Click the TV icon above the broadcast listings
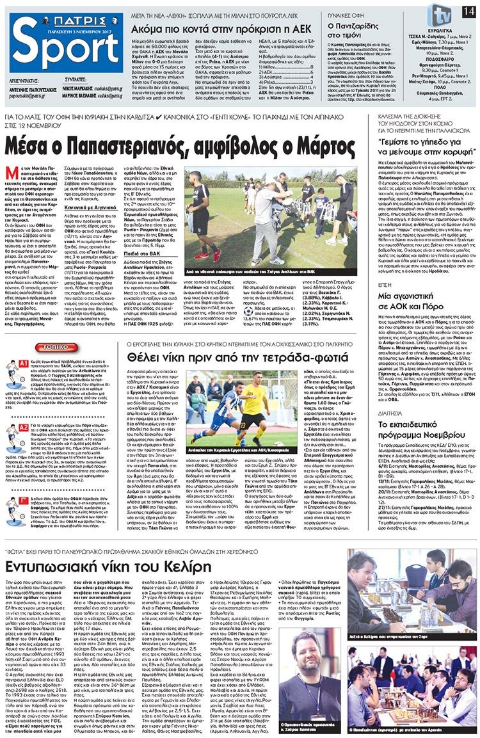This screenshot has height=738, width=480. (440, 13)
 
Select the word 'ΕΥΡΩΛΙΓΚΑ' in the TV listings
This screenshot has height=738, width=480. (441, 31)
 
